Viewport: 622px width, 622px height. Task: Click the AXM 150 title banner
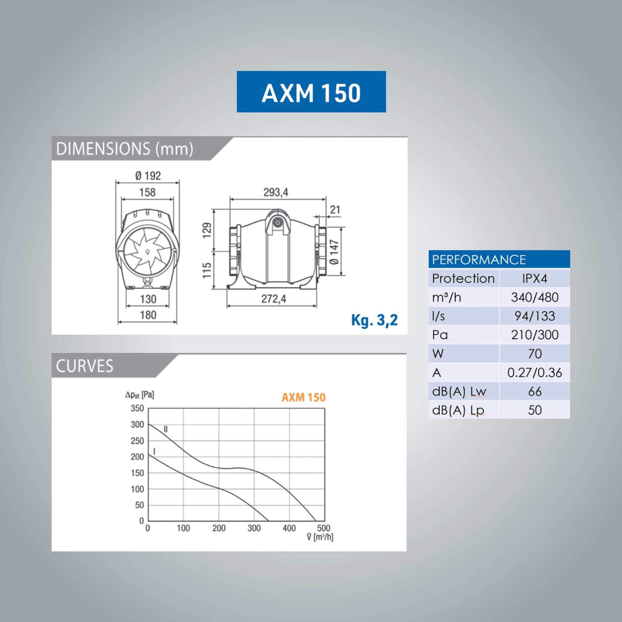click(311, 92)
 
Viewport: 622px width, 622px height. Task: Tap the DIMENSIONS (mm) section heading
click(125, 149)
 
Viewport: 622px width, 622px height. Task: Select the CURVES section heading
click(85, 366)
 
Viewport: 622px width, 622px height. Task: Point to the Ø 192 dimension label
click(148, 176)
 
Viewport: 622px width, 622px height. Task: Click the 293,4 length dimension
click(275, 192)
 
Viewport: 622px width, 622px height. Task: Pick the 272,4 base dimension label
click(274, 299)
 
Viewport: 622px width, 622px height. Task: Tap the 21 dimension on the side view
click(335, 210)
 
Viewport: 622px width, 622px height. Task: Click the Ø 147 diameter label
click(334, 252)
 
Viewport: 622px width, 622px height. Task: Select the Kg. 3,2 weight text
click(374, 320)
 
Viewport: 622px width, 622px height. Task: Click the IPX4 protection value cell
click(534, 278)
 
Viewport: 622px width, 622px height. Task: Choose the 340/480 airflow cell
click(534, 297)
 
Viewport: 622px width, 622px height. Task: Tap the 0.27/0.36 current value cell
click(534, 373)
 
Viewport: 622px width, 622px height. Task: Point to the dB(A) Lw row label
click(459, 392)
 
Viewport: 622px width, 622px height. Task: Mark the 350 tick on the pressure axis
click(137, 408)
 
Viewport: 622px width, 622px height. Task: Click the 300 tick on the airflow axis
click(254, 528)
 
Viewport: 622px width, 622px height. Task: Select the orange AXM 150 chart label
click(303, 397)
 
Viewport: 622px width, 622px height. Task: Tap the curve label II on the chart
click(166, 429)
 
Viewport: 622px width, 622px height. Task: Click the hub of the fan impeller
click(147, 252)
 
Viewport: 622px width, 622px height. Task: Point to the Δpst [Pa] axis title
click(140, 395)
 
